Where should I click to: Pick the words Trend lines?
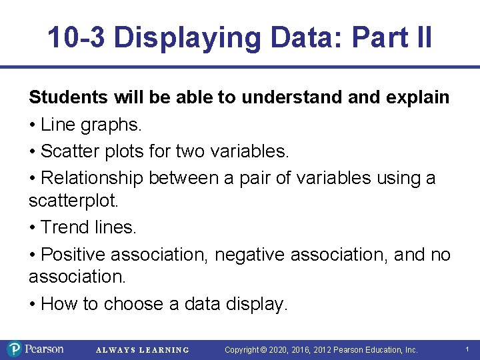89,227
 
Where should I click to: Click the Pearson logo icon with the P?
15,349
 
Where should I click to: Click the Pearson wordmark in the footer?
45,349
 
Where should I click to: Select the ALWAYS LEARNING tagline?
143,350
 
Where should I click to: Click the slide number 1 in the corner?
467,349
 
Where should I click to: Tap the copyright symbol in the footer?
263,350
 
